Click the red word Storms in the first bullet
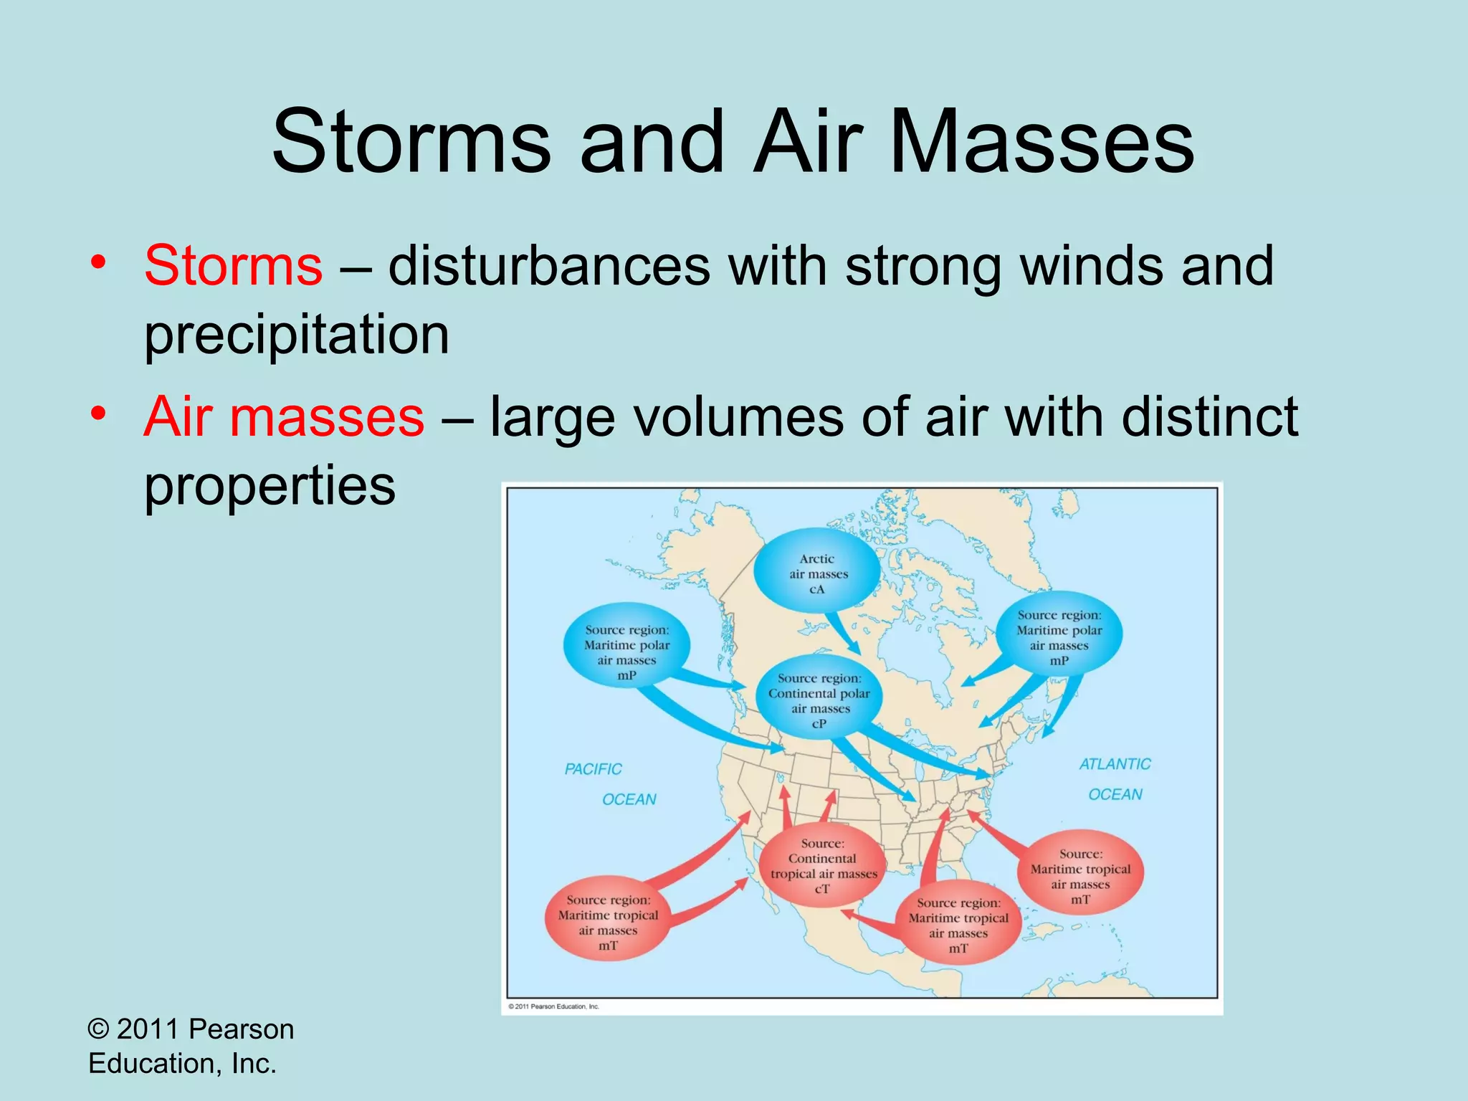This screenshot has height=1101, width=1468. (x=233, y=266)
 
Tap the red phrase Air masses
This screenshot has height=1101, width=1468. (x=284, y=417)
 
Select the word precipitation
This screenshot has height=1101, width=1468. (x=297, y=335)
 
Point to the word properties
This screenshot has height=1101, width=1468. (x=270, y=486)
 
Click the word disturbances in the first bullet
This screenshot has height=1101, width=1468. (x=549, y=266)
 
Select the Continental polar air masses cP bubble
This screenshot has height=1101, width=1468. (x=819, y=700)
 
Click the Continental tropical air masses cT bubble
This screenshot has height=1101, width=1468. (x=823, y=866)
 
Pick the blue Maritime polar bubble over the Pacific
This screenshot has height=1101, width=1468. (x=626, y=644)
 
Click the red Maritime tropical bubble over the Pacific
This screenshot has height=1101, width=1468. (x=608, y=921)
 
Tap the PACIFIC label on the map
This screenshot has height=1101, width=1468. (x=593, y=770)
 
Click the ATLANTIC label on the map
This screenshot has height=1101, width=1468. (x=1114, y=765)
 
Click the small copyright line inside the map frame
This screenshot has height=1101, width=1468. (x=553, y=1006)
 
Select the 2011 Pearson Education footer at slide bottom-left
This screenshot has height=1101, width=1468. (x=190, y=1046)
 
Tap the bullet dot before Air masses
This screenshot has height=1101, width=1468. (x=99, y=414)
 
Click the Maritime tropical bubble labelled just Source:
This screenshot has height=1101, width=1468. (x=1080, y=875)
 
